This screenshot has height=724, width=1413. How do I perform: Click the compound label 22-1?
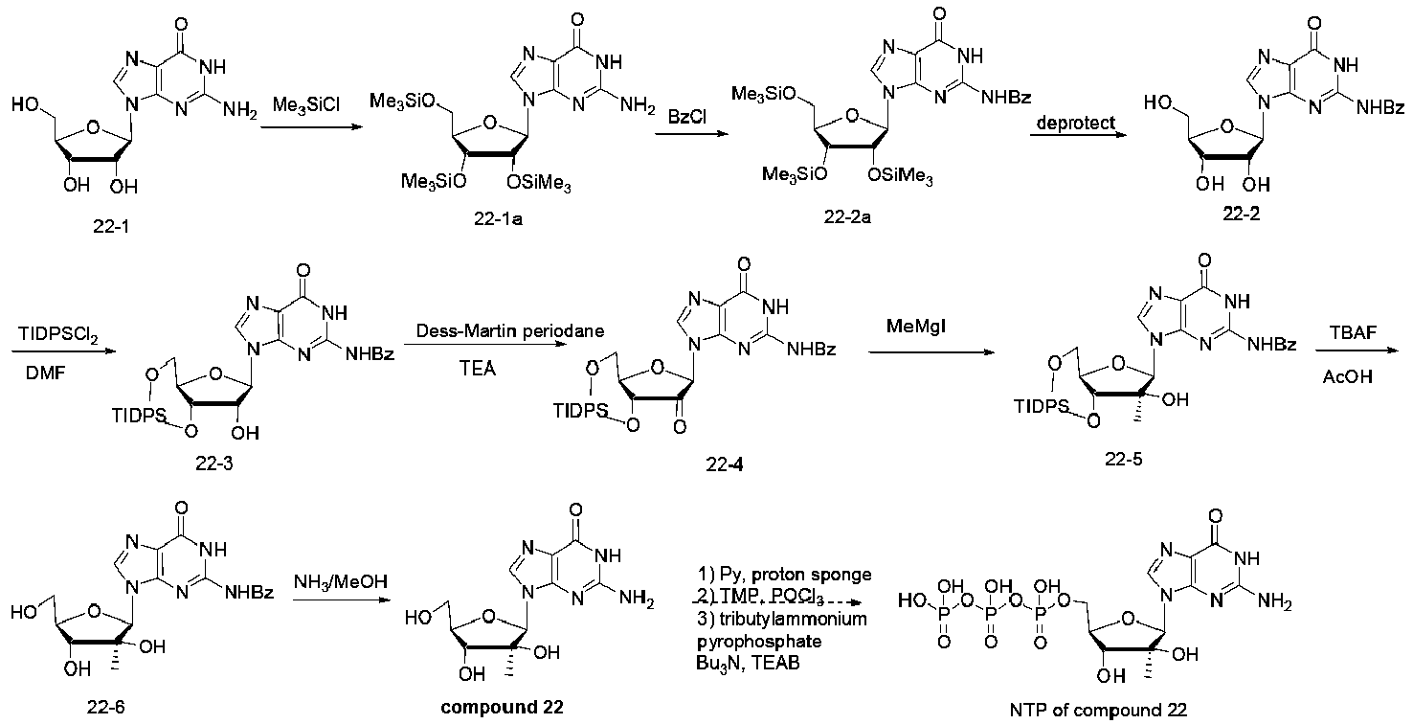(x=111, y=226)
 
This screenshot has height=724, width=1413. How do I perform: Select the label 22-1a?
(x=499, y=219)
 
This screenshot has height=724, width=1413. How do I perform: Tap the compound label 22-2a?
(x=847, y=217)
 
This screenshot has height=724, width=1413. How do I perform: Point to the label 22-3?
(x=213, y=464)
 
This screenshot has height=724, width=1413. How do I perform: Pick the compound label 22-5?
(x=1124, y=459)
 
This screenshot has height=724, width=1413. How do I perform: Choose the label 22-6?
(x=105, y=708)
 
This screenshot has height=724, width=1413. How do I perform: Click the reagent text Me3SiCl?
(x=306, y=104)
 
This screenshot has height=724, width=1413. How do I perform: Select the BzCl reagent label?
(x=687, y=117)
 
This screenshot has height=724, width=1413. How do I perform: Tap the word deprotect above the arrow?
(x=1075, y=123)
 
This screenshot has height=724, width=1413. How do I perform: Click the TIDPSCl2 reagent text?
(x=58, y=334)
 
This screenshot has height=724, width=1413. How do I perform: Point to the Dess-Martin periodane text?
(x=509, y=330)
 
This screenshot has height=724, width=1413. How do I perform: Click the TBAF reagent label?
(x=1353, y=332)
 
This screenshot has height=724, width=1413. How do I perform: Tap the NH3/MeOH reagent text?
(x=341, y=581)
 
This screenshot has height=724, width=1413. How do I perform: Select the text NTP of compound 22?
(x=1098, y=710)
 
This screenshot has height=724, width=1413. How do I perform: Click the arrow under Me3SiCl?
(x=312, y=126)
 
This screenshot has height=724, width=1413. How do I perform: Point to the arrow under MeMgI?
(x=931, y=352)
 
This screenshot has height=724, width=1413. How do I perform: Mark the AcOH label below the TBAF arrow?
(x=1347, y=376)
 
